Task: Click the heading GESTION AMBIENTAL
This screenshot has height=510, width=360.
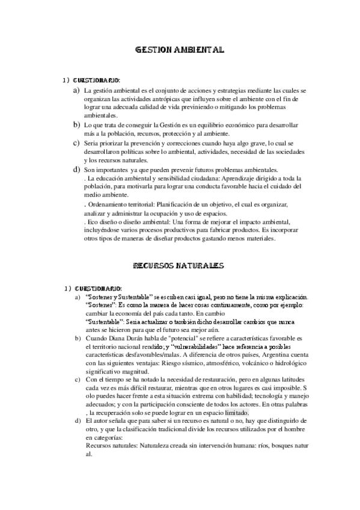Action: (x=180, y=52)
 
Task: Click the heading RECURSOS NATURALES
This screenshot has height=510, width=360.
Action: (x=178, y=265)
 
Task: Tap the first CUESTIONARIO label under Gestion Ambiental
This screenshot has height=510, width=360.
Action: (x=97, y=81)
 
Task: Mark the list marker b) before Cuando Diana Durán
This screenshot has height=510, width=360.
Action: (x=76, y=339)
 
